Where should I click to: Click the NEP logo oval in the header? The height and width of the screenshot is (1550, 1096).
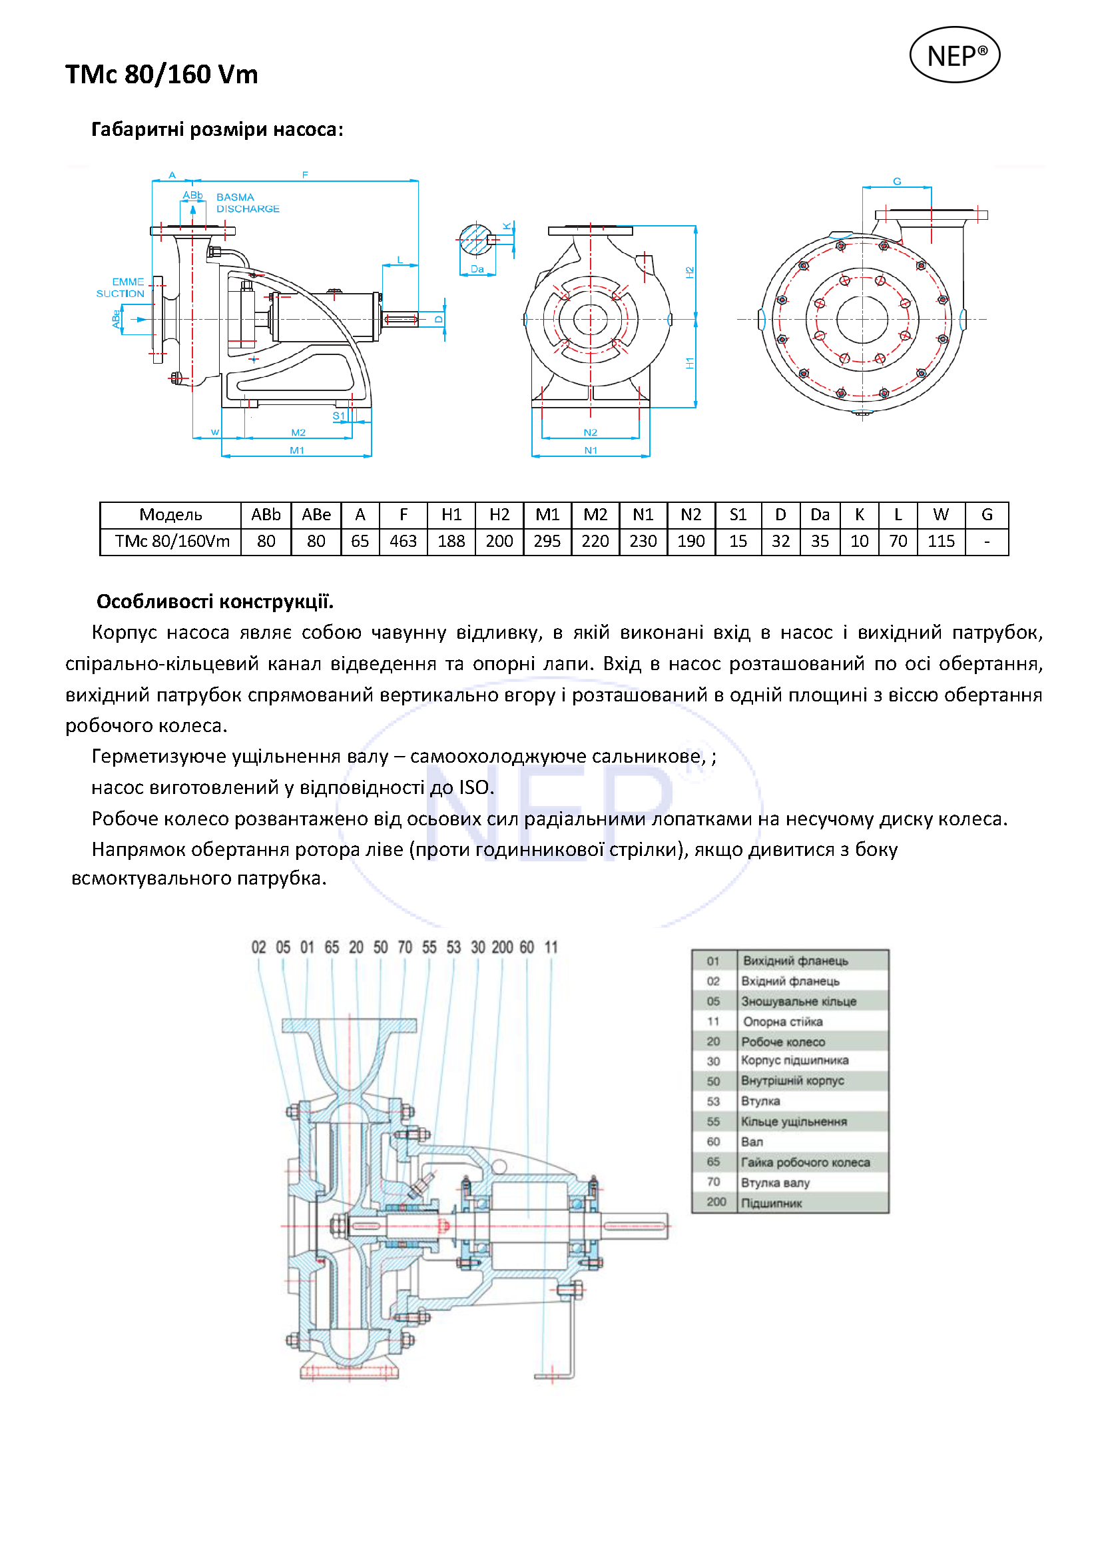tap(954, 55)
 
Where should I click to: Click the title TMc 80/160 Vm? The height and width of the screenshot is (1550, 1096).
tap(161, 74)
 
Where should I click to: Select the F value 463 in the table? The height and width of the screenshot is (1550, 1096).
tap(403, 542)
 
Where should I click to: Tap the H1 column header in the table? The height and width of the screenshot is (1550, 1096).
tap(451, 515)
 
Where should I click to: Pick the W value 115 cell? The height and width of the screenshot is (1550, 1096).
tap(941, 542)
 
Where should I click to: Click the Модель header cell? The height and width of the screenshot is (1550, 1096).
tap(170, 515)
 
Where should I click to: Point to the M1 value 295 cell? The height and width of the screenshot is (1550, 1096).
tap(547, 542)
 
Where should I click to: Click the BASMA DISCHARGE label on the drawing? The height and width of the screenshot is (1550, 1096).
tap(247, 203)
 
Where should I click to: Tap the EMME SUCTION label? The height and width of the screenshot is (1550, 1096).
tap(121, 288)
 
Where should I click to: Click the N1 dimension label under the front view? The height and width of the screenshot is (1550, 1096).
tap(591, 450)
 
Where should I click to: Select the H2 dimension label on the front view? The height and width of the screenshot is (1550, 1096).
tap(690, 272)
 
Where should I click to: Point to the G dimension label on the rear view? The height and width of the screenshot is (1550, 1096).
tap(897, 182)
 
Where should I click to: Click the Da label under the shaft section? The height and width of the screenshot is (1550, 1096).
tap(477, 268)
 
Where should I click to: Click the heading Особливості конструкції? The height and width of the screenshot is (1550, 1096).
tap(214, 601)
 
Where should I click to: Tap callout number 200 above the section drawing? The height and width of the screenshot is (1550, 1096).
tap(502, 947)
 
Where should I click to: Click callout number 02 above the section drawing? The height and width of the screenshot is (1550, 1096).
tap(258, 947)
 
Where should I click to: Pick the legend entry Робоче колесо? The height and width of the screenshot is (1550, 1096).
tap(783, 1042)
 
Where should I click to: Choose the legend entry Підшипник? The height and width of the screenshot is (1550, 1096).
tap(771, 1203)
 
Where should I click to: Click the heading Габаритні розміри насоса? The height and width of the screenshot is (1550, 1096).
tap(216, 130)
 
